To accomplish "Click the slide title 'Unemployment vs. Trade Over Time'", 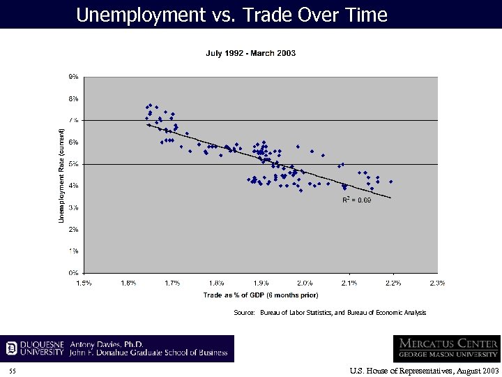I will pos(231,15).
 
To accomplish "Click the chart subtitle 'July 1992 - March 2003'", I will pos(251,54).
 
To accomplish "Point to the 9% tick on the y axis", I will pos(73,77).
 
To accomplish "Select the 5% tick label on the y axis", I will pos(73,164).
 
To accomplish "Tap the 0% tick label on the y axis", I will pos(73,272).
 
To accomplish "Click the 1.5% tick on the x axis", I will pos(84,283).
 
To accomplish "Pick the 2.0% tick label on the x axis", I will pos(305,283).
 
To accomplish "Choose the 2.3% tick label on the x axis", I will pos(437,283).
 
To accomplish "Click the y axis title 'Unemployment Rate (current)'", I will pos(61,176).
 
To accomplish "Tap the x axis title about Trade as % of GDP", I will pos(261,295).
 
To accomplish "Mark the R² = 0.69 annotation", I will pos(357,200).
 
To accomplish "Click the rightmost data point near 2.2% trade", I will pos(391,182).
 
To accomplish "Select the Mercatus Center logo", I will pos(446,348).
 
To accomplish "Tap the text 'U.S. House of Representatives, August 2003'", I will pos(425,370).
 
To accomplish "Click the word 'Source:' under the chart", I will pos(244,313).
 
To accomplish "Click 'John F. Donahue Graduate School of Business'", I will pos(149,353).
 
